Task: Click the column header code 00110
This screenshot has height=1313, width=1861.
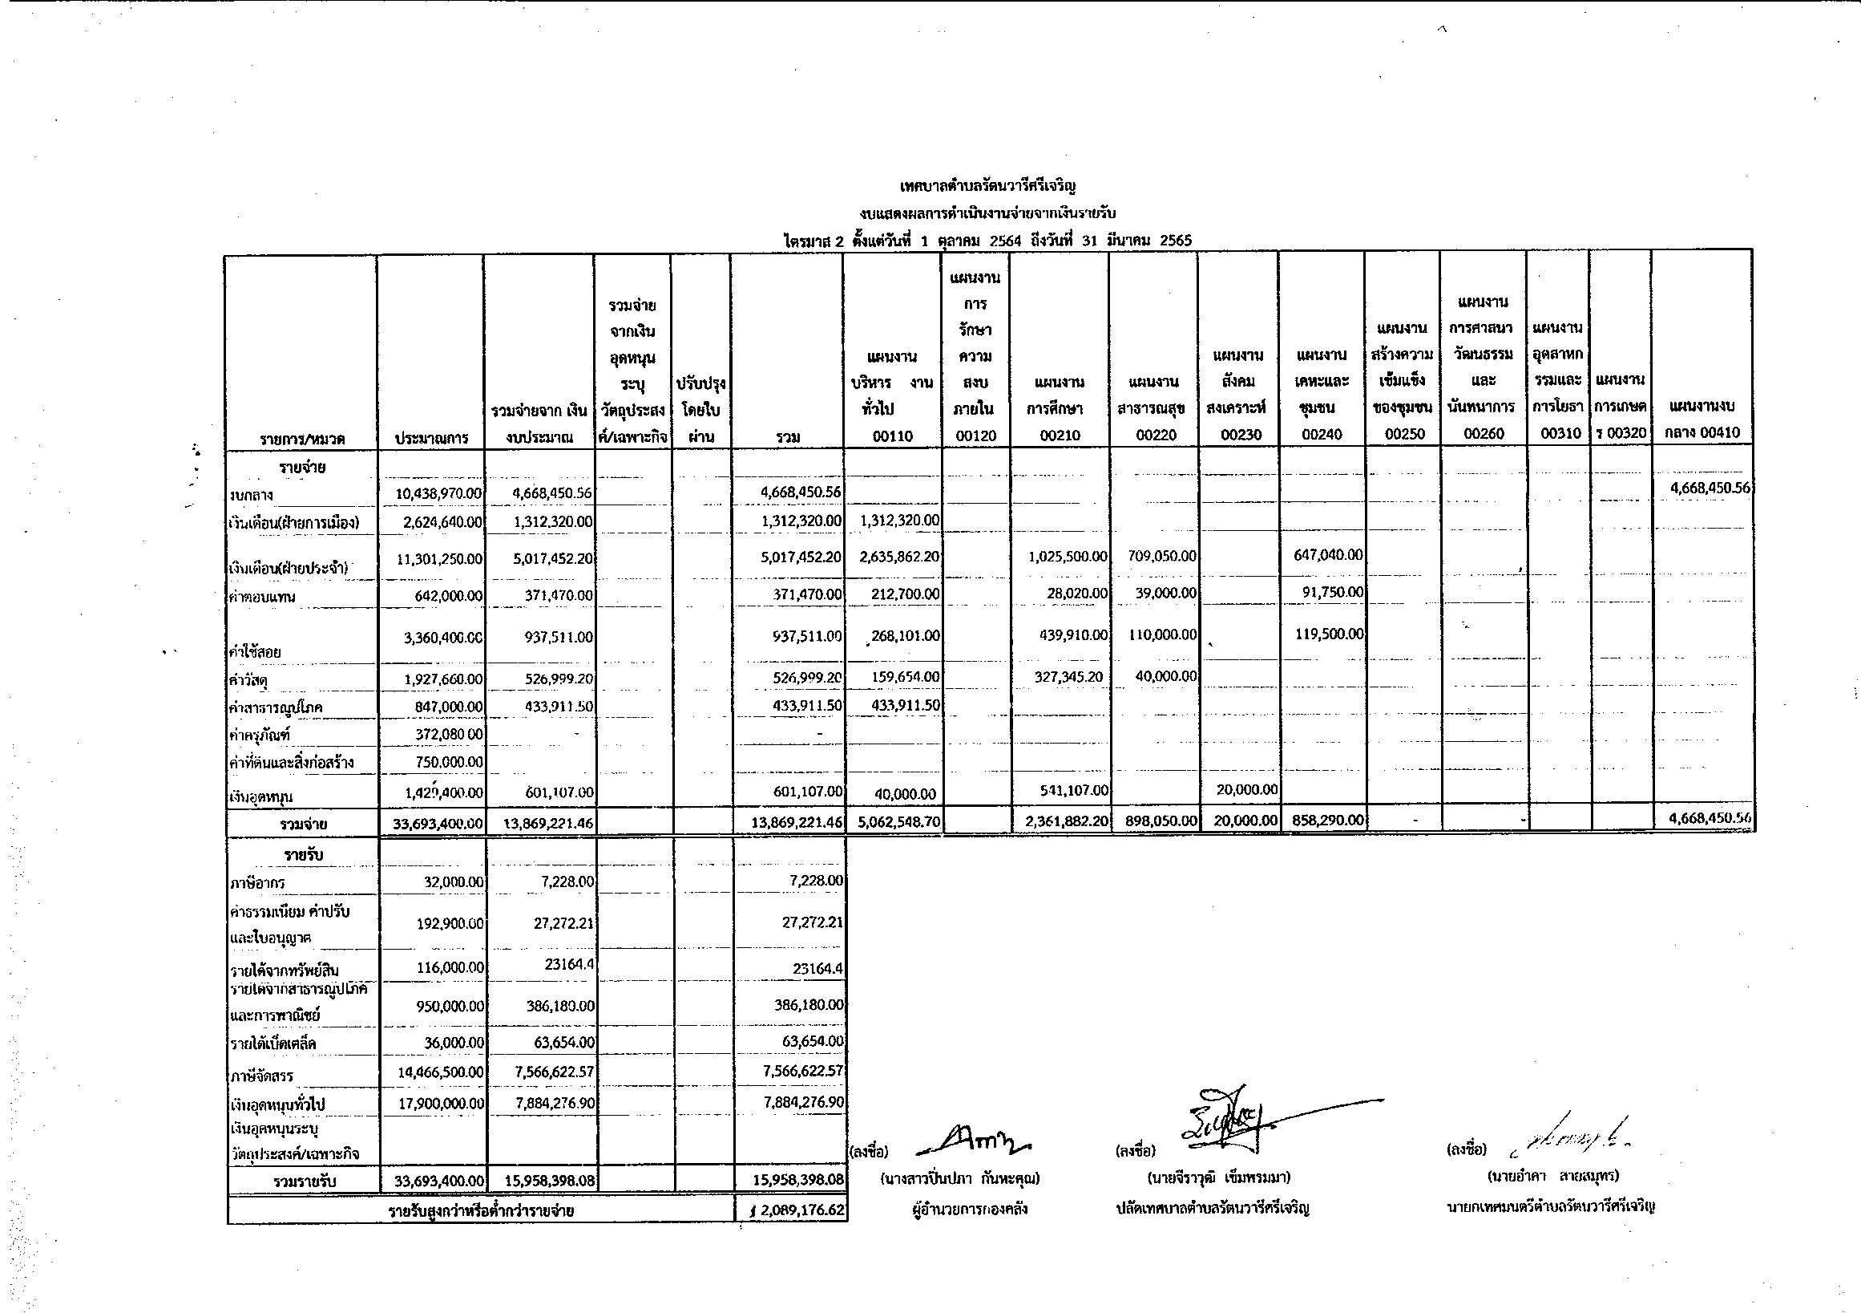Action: tap(892, 436)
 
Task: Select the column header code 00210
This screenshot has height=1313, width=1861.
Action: tap(1060, 435)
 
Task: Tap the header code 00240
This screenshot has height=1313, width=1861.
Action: tap(1322, 434)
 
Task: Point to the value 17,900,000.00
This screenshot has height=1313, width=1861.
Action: tap(441, 1103)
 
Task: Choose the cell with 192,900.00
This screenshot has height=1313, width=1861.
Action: tap(449, 923)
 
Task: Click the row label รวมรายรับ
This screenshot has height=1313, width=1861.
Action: tap(304, 1181)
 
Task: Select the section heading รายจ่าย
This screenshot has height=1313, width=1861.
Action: tap(302, 468)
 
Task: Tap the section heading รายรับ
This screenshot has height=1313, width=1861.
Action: tap(304, 855)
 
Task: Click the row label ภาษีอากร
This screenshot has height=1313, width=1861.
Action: tap(258, 882)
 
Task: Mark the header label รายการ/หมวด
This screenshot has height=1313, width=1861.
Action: tap(302, 439)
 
